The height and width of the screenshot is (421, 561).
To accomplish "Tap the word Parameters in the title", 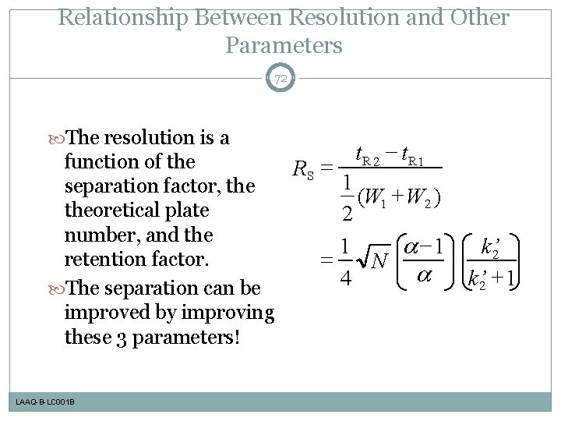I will click(284, 45).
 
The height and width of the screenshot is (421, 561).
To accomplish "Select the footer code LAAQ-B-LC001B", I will click(44, 402).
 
